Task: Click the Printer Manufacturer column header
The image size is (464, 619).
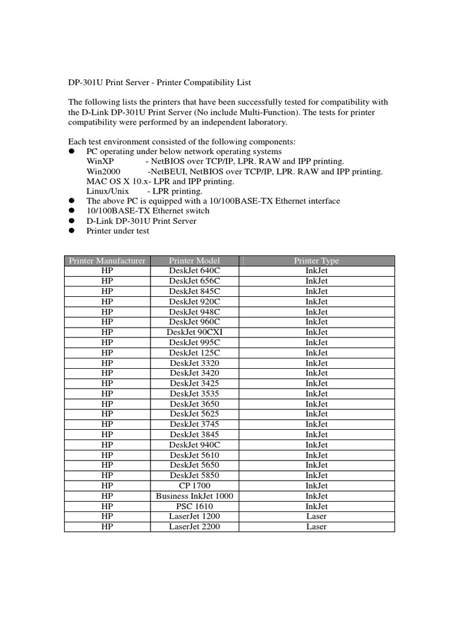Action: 107,261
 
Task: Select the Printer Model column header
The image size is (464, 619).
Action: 195,261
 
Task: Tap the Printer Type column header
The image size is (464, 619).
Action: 316,261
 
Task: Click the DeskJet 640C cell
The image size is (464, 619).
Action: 195,271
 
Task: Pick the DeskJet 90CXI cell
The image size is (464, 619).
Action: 195,332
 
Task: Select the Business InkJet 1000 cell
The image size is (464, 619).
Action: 195,496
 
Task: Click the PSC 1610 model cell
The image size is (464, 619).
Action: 195,506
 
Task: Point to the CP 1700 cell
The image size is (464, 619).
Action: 195,485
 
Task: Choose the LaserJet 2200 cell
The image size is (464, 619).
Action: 195,527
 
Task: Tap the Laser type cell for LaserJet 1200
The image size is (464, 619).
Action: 316,516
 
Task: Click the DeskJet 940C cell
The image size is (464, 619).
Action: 195,444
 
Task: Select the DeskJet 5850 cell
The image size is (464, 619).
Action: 195,475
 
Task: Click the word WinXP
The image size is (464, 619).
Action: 99,161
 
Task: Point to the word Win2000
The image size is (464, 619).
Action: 102,172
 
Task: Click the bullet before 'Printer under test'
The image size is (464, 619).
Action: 71,231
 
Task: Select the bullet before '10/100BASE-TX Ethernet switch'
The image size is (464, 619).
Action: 71,211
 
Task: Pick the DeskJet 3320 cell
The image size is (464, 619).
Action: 195,363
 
